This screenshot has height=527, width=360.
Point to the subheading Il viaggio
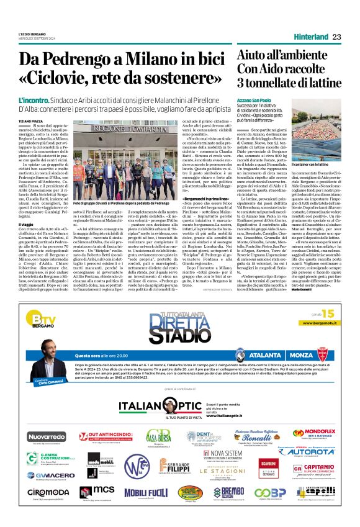[x=26, y=224]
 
